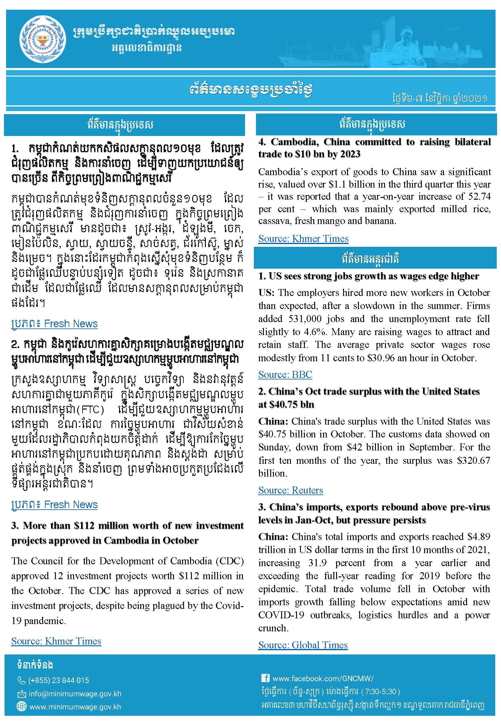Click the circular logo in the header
pos(43,39)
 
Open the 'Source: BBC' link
pos(285,374)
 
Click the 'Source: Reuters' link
pos(290,490)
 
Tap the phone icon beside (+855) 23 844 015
pos(21,680)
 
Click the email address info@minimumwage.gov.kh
pos(75,694)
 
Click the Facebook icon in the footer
pos(265,678)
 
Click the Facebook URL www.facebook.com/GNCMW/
pos(323,678)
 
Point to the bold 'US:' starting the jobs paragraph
pos(266,293)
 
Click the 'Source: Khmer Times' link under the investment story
pos(56,641)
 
